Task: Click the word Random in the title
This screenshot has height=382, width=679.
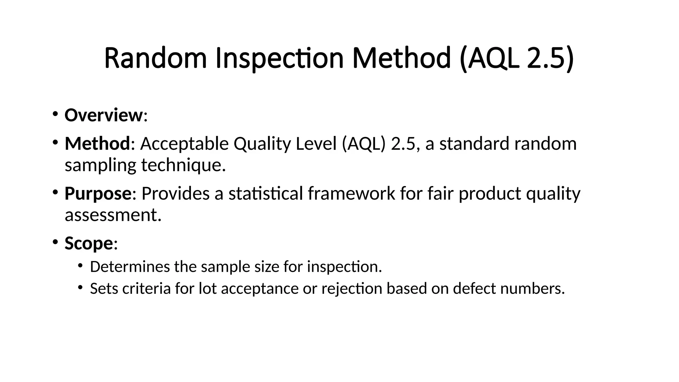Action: point(155,58)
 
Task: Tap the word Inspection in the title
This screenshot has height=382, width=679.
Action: point(279,58)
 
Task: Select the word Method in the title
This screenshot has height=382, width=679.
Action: point(401,58)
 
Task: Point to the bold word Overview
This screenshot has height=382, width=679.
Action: point(103,115)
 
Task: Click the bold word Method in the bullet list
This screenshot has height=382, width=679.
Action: point(97,144)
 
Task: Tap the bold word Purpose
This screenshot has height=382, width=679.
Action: point(98,193)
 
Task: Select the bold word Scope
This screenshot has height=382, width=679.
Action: point(89,243)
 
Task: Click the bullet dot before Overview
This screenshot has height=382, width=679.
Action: point(55,114)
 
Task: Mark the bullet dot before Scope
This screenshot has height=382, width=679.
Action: point(55,241)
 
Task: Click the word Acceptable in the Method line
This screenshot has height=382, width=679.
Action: point(184,144)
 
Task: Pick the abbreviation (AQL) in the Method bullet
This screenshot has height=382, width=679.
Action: point(364,144)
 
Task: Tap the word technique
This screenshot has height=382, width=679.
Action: point(183,165)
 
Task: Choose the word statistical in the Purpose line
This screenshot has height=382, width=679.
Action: point(266,193)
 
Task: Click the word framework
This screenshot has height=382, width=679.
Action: point(351,193)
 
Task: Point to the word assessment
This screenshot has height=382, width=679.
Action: point(113,215)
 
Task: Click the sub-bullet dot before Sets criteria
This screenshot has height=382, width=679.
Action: point(80,287)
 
